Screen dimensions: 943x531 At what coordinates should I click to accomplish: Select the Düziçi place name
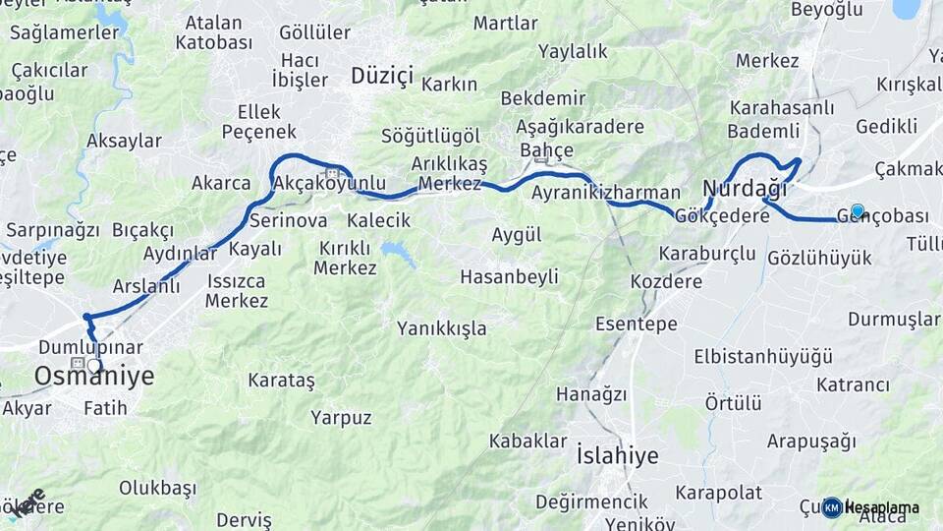pyautogui.click(x=382, y=76)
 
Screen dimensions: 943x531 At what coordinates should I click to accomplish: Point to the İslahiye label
pyautogui.click(x=617, y=455)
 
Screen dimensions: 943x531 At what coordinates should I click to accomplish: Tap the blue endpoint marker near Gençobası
pyautogui.click(x=857, y=210)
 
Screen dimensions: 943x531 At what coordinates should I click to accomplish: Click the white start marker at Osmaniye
pyautogui.click(x=94, y=366)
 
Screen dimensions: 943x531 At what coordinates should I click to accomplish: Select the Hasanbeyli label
pyautogui.click(x=509, y=277)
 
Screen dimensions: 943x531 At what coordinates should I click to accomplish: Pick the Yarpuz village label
pyautogui.click(x=341, y=418)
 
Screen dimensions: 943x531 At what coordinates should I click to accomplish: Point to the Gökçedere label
pyautogui.click(x=723, y=215)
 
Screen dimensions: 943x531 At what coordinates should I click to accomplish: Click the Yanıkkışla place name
pyautogui.click(x=441, y=328)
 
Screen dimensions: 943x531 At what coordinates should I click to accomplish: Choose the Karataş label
pyautogui.click(x=281, y=380)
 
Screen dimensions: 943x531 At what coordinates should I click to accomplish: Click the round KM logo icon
pyautogui.click(x=832, y=507)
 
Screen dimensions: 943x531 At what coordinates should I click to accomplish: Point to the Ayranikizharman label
pyautogui.click(x=605, y=193)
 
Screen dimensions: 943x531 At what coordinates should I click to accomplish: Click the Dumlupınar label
pyautogui.click(x=90, y=348)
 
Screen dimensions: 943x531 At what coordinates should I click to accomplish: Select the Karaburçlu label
pyautogui.click(x=707, y=254)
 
